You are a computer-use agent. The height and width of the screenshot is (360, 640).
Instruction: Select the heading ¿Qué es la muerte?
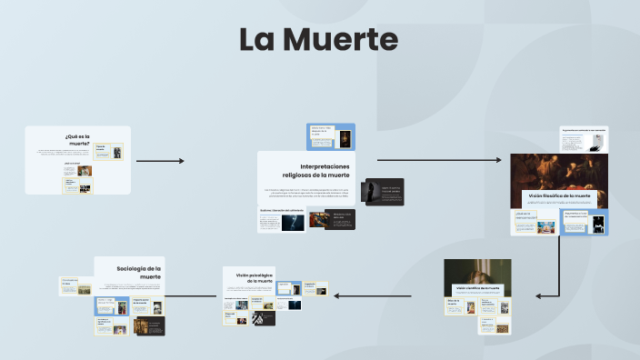(x=78, y=140)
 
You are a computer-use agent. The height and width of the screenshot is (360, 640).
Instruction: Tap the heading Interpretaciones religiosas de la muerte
(x=315, y=170)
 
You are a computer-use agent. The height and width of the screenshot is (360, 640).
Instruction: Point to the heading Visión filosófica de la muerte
(x=559, y=195)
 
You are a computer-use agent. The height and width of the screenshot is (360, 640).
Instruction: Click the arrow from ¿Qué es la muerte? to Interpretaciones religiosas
(x=160, y=161)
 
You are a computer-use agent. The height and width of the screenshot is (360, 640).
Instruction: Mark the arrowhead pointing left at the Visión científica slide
(x=539, y=295)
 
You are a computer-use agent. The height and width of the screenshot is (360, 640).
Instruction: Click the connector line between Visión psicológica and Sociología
(x=194, y=296)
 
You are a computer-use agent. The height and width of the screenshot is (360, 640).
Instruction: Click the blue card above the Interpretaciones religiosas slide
(x=331, y=136)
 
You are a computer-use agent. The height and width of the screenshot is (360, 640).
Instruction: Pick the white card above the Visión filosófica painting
(x=583, y=139)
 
